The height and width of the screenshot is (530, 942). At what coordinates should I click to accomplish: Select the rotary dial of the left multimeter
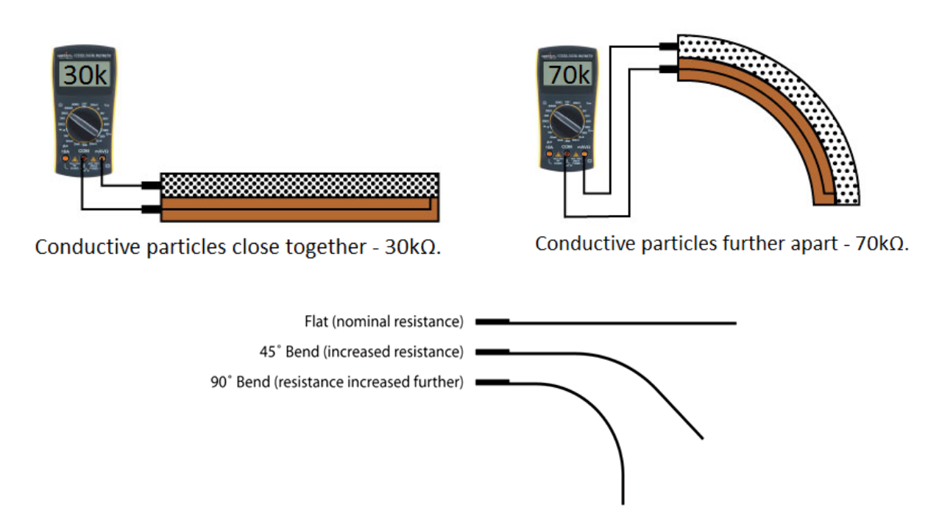click(85, 127)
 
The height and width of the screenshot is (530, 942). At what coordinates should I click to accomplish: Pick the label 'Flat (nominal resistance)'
click(383, 322)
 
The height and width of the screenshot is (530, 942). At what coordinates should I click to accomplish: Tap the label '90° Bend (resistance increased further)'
click(337, 382)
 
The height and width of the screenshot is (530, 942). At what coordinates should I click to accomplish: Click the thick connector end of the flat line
click(492, 322)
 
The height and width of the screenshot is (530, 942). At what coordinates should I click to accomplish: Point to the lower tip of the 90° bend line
click(623, 502)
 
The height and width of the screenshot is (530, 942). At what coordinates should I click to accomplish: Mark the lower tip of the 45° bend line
click(701, 437)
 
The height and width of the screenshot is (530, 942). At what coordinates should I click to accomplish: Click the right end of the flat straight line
click(734, 322)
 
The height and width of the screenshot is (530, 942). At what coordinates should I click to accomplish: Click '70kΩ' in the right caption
click(880, 244)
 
